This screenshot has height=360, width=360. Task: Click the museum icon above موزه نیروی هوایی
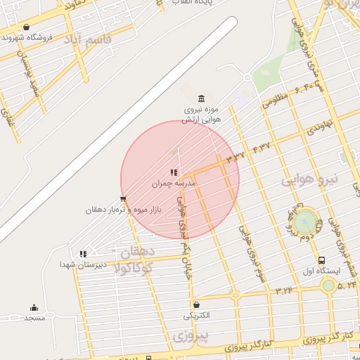click(x=202, y=98)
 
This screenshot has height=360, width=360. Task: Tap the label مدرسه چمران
click(x=174, y=184)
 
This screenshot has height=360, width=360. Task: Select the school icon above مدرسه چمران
click(x=174, y=172)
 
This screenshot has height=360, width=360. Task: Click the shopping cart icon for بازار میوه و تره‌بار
click(x=124, y=199)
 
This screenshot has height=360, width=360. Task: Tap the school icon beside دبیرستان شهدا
click(x=83, y=254)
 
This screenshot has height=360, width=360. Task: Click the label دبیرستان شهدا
click(x=83, y=264)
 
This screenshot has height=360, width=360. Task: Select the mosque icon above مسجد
click(x=34, y=307)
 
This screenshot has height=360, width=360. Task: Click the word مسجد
click(x=34, y=319)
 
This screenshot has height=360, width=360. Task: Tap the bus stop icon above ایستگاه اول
click(x=322, y=259)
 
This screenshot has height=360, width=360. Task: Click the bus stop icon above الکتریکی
click(x=199, y=304)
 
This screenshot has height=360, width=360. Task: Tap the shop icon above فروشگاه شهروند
click(x=26, y=27)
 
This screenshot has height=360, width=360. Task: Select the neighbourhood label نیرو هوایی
click(x=310, y=179)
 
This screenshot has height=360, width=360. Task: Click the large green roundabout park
click(x=304, y=221)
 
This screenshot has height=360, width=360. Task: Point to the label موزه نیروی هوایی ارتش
click(x=202, y=115)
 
